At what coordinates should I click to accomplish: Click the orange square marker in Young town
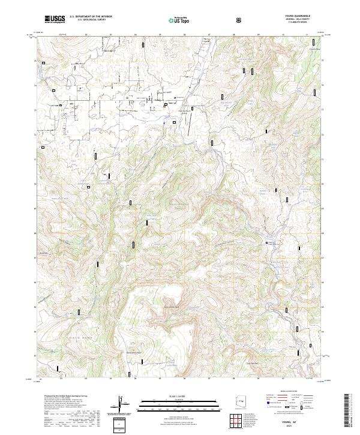tap(166, 105)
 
